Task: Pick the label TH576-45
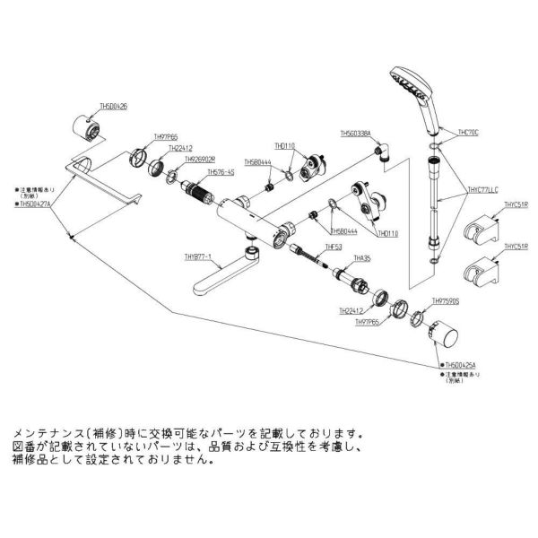point(220,172)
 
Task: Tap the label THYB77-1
point(197,256)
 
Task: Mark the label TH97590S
point(446,302)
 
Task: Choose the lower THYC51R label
point(515,246)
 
